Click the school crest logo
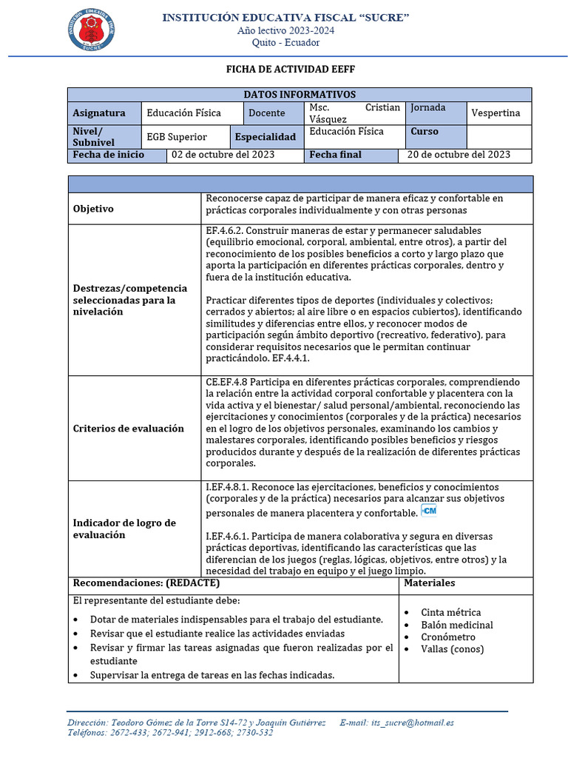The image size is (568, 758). tap(92, 30)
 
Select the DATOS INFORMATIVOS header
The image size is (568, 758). tap(300, 94)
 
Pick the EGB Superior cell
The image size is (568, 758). tap(177, 137)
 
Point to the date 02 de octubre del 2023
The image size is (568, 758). tap(223, 155)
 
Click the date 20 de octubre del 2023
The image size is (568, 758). tap(459, 155)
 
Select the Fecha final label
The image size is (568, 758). tap(336, 155)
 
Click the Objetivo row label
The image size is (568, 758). tap(93, 209)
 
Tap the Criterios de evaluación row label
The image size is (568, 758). tap(129, 429)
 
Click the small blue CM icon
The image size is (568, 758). tap(429, 511)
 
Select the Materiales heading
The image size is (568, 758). tap(430, 583)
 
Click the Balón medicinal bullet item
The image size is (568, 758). tap(456, 625)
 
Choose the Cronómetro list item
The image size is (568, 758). tap(448, 637)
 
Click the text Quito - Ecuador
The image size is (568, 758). tap(285, 42)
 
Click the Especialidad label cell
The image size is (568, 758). tap(266, 137)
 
